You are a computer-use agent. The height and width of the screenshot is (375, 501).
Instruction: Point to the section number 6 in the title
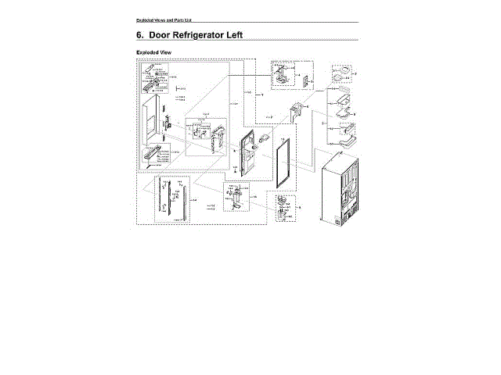140,35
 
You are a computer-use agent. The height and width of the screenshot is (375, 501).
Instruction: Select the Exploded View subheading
154,53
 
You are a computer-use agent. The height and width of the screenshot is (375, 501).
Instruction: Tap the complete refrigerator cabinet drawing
341,188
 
